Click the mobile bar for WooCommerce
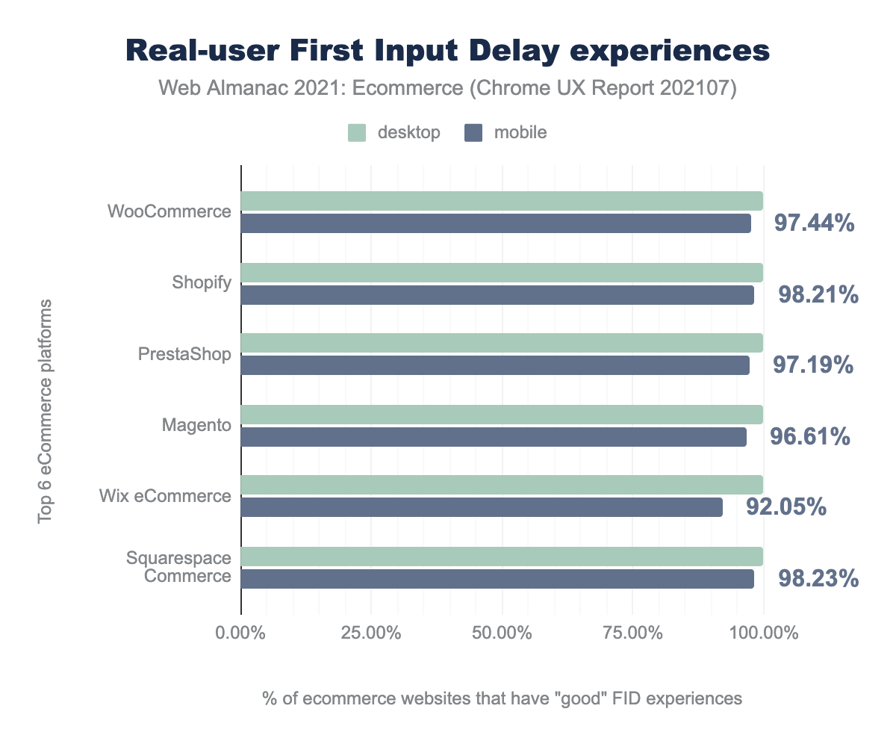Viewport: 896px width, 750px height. tap(496, 223)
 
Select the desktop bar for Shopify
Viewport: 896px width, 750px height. tap(502, 273)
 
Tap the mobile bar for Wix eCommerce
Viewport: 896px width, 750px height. tap(482, 507)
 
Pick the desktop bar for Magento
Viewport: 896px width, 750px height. tap(502, 415)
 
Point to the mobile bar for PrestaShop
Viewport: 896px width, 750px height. tap(495, 365)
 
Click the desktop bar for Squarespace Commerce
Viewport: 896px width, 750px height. tap(502, 557)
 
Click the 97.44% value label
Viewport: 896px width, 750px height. tap(815, 224)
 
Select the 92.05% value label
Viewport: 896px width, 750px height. tap(786, 507)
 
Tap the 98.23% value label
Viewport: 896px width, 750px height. tap(818, 579)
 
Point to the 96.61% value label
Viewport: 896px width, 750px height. tap(810, 436)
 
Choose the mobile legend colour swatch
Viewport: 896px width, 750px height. tap(474, 133)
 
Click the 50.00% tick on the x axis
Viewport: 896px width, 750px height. tap(502, 633)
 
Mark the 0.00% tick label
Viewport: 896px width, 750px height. tap(241, 633)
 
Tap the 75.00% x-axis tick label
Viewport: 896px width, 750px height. tap(632, 633)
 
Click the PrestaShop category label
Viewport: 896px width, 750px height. tap(184, 353)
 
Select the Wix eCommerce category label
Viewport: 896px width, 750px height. tap(165, 495)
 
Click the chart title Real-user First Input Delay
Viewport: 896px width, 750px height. tap(448, 51)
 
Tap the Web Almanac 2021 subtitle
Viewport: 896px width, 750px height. tap(448, 89)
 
